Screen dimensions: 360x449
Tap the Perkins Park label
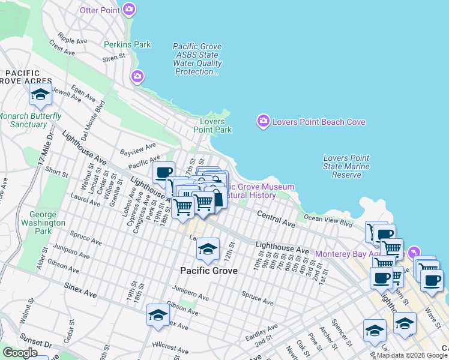tap(127, 44)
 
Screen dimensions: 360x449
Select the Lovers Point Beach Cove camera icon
tap(263, 121)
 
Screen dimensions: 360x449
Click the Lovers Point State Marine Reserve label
tap(346, 166)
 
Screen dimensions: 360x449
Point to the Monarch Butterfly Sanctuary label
tap(30, 120)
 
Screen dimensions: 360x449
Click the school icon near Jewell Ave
tap(40, 94)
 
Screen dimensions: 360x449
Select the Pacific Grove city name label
tap(209, 271)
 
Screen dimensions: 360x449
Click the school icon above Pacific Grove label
tap(208, 249)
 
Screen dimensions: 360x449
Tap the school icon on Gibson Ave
tap(158, 315)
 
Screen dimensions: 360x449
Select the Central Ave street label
tap(276, 218)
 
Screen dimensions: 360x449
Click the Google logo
tap(20, 353)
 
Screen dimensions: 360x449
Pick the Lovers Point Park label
tap(212, 125)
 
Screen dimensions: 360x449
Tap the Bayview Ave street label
tap(137, 148)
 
